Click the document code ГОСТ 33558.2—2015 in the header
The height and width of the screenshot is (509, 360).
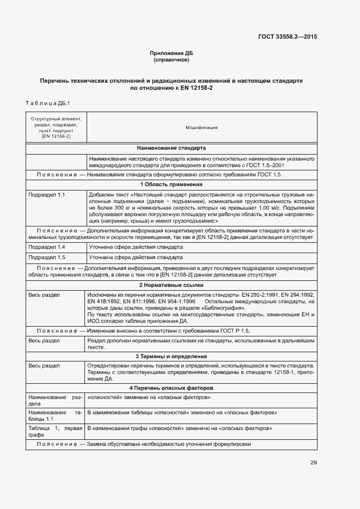[288, 37]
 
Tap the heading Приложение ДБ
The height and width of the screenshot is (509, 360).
[171, 53]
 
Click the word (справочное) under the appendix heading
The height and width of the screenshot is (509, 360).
[171, 59]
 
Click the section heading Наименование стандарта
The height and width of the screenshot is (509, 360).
[171, 148]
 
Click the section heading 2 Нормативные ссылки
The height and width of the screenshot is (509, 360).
[171, 285]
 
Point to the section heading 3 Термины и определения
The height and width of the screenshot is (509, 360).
[171, 357]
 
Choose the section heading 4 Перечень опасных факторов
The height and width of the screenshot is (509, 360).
[171, 388]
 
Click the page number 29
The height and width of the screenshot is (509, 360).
[314, 463]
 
